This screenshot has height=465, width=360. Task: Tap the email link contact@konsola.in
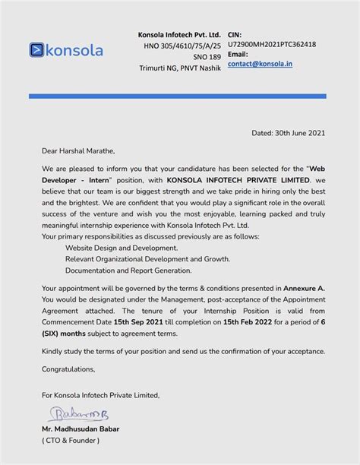pyautogui.click(x=260, y=65)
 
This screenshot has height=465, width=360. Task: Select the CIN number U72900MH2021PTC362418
pyautogui.click(x=272, y=44)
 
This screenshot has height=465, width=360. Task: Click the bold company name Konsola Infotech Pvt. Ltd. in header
pyautogui.click(x=179, y=35)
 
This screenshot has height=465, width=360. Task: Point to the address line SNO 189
pyautogui.click(x=206, y=57)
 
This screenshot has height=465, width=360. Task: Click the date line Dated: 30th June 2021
pyautogui.click(x=289, y=133)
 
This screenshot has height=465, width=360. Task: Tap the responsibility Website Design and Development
pyautogui.click(x=122, y=248)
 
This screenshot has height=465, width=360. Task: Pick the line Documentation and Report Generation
pyautogui.click(x=128, y=270)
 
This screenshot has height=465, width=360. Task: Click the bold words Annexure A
pyautogui.click(x=304, y=289)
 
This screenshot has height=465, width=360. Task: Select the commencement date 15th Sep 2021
pyautogui.click(x=137, y=321)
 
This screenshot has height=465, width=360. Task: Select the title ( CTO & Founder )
pyautogui.click(x=71, y=440)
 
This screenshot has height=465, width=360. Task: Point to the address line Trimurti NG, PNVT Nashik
pyautogui.click(x=180, y=68)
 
